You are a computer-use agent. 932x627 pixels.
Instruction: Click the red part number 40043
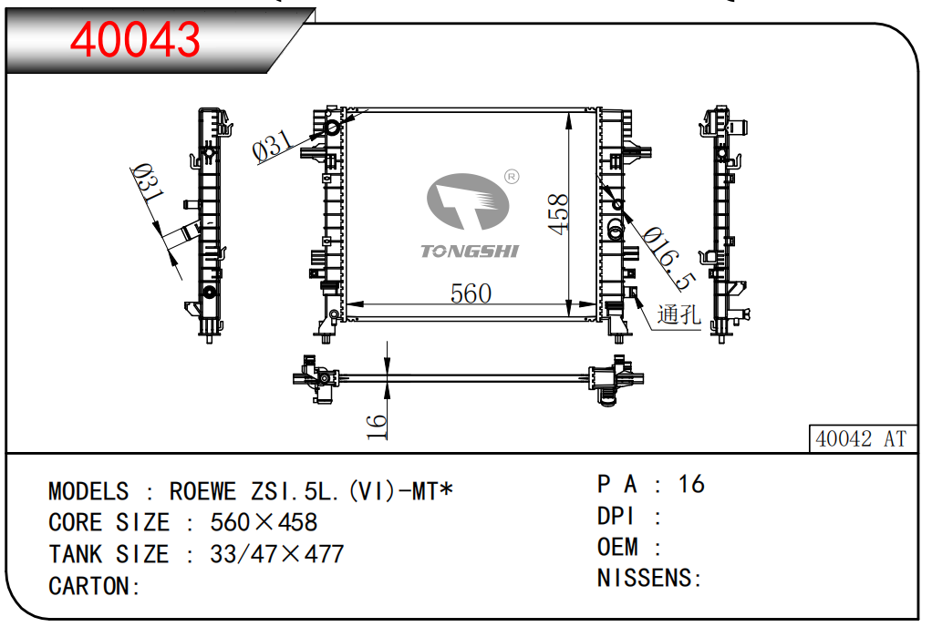point(135,38)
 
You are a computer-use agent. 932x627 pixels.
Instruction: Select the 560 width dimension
point(471,293)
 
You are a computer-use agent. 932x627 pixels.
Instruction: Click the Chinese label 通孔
point(678,315)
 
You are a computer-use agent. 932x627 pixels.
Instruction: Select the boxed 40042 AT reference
point(860,438)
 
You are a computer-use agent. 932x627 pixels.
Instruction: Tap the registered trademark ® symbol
point(512,176)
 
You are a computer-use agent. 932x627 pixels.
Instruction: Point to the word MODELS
point(88,492)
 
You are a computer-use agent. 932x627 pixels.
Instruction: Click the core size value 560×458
point(264,522)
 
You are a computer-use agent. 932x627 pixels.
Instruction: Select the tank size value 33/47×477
point(276,554)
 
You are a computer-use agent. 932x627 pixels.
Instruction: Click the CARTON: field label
point(94,586)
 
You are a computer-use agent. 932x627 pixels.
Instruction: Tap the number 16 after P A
point(691,484)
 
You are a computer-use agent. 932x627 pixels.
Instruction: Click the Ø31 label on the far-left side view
point(146,183)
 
